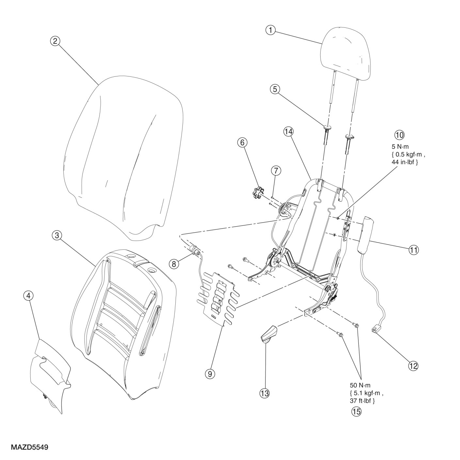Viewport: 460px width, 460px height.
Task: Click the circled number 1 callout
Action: (x=270, y=30)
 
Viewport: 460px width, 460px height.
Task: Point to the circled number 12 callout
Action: (x=413, y=366)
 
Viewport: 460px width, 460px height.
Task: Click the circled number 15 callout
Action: (x=356, y=411)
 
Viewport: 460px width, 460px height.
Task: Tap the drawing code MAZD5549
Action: (x=30, y=447)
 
